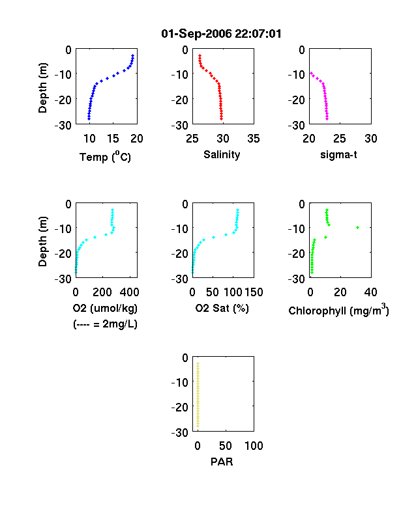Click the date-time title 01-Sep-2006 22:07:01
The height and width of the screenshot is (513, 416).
[222, 34]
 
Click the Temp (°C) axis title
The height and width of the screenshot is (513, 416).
[105, 157]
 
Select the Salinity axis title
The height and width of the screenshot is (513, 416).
[222, 155]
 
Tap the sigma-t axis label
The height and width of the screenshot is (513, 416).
[338, 154]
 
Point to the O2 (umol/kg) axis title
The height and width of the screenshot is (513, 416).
[105, 308]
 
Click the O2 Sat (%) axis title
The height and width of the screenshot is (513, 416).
[222, 308]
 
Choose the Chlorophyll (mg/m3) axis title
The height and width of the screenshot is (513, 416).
[338, 309]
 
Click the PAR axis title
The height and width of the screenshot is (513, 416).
[222, 462]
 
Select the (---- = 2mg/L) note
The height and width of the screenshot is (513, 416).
[105, 324]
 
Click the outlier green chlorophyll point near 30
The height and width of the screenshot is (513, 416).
[358, 227]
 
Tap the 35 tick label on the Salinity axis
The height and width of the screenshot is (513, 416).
[254, 139]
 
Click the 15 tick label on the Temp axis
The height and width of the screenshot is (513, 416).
[113, 139]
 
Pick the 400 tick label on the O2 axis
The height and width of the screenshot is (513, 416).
[129, 292]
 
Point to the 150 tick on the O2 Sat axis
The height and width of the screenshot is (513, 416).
[254, 292]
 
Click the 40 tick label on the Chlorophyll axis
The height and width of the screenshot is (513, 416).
[370, 292]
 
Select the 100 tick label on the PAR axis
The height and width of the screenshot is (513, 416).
[254, 445]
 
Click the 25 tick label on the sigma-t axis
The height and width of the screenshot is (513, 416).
[340, 139]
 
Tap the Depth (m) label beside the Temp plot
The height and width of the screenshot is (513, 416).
[42, 88]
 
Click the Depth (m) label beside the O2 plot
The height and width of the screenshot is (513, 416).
[42, 242]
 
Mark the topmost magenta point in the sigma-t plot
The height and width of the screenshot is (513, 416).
[311, 73]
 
